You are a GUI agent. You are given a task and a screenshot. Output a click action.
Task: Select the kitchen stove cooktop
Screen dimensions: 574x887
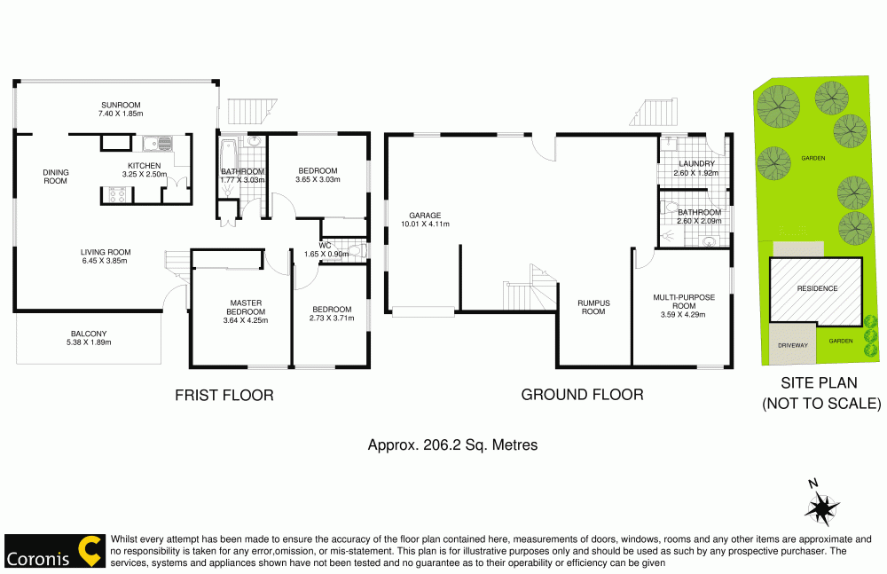[116, 193]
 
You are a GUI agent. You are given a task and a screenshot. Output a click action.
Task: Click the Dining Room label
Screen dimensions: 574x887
[56, 177]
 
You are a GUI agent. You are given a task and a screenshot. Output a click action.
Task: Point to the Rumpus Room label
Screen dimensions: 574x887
[593, 307]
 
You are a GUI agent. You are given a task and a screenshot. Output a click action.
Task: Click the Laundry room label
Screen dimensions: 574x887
[696, 163]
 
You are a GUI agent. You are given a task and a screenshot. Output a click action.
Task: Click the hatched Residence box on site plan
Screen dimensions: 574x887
[816, 289]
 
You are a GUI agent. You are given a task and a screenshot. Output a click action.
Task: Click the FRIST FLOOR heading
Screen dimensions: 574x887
[224, 395]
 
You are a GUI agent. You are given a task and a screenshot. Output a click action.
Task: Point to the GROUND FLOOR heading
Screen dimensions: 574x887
[582, 395]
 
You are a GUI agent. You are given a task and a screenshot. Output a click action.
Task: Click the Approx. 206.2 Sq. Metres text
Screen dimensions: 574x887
[452, 445]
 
